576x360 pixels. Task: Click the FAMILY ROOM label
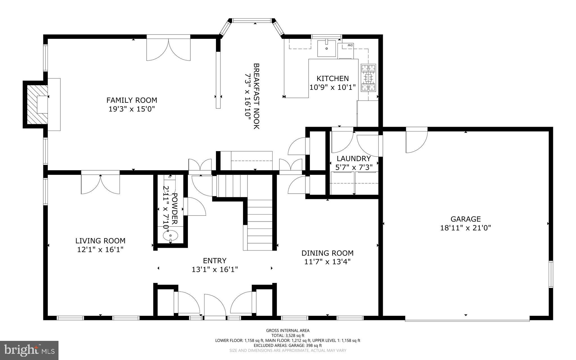point(132,100)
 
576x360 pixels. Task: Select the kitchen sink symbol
point(327,48)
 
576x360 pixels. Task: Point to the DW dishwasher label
point(350,45)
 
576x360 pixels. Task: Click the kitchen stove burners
point(368,77)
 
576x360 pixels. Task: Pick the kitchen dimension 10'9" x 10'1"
point(332,87)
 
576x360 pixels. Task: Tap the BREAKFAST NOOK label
point(256,96)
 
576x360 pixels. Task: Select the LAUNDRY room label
point(354,158)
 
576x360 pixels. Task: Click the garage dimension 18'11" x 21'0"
point(465,228)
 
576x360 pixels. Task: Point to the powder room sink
point(170,235)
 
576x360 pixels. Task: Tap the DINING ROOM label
point(327,253)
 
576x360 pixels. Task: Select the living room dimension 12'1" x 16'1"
point(100,249)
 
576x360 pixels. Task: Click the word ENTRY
point(215,261)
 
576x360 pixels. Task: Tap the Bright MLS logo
point(29,350)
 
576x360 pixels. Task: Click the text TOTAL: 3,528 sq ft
point(288,336)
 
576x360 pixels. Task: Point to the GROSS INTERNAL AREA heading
point(288,330)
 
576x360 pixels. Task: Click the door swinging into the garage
point(417,141)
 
